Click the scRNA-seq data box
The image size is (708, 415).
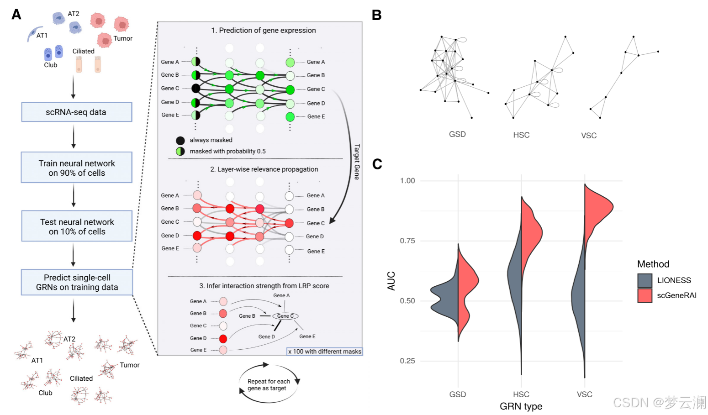point(76,112)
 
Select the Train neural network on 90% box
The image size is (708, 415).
point(76,168)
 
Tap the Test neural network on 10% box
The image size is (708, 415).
point(77,226)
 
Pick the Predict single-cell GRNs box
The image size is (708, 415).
point(77,282)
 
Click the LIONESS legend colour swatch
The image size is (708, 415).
point(645,280)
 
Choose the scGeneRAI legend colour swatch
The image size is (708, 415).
point(645,295)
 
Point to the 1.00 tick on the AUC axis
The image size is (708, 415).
point(407,181)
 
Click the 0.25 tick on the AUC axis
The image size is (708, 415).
point(407,361)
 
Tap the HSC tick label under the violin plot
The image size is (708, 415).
point(521,394)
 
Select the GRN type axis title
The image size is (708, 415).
point(521,406)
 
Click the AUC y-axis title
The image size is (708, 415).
point(391,281)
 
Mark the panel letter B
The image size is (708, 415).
point(376,15)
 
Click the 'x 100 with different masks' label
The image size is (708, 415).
point(324,352)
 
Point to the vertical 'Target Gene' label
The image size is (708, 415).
point(357,162)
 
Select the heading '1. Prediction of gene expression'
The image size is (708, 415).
point(263,31)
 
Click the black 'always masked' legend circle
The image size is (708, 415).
point(180,140)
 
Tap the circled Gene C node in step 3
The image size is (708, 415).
point(285,316)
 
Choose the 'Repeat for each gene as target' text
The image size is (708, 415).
point(268,385)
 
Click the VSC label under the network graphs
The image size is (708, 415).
point(589,136)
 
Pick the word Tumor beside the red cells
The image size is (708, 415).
point(123,38)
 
